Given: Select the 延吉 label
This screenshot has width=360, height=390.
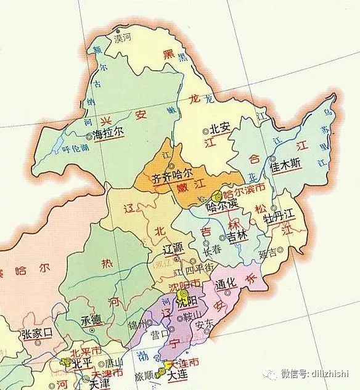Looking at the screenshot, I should click(269, 252).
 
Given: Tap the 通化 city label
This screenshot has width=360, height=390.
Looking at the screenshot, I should click(224, 283).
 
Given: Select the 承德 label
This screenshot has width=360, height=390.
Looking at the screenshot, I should click(89, 322).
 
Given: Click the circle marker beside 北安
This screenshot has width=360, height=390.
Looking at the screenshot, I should click(206, 131).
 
